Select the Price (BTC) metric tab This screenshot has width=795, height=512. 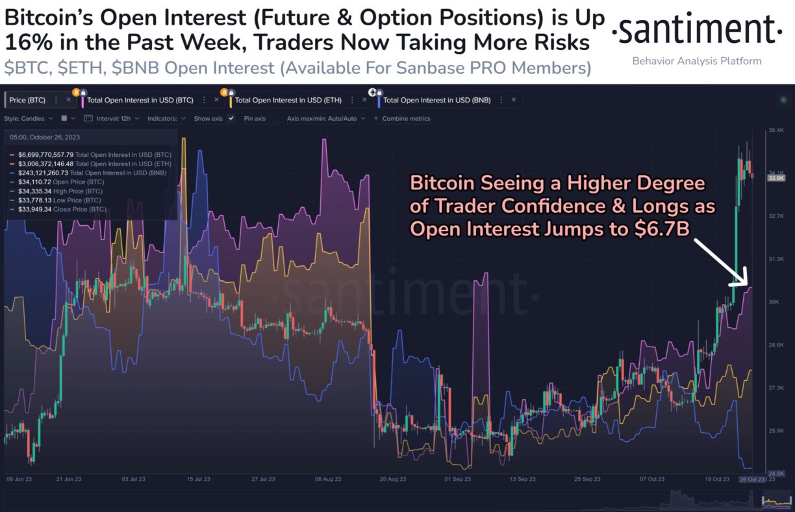click(x=27, y=100)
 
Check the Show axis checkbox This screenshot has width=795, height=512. click(x=231, y=119)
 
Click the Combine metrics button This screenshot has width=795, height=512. click(x=406, y=119)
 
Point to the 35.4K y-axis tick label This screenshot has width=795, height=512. click(x=776, y=130)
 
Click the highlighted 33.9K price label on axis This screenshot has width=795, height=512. click(x=776, y=177)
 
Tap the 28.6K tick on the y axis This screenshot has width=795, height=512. click(x=776, y=345)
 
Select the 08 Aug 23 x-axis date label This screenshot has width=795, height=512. click(x=328, y=479)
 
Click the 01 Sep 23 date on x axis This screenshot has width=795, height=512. click(x=457, y=479)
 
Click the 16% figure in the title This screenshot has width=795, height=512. click(x=21, y=43)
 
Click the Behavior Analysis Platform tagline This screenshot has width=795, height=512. click(x=696, y=61)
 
